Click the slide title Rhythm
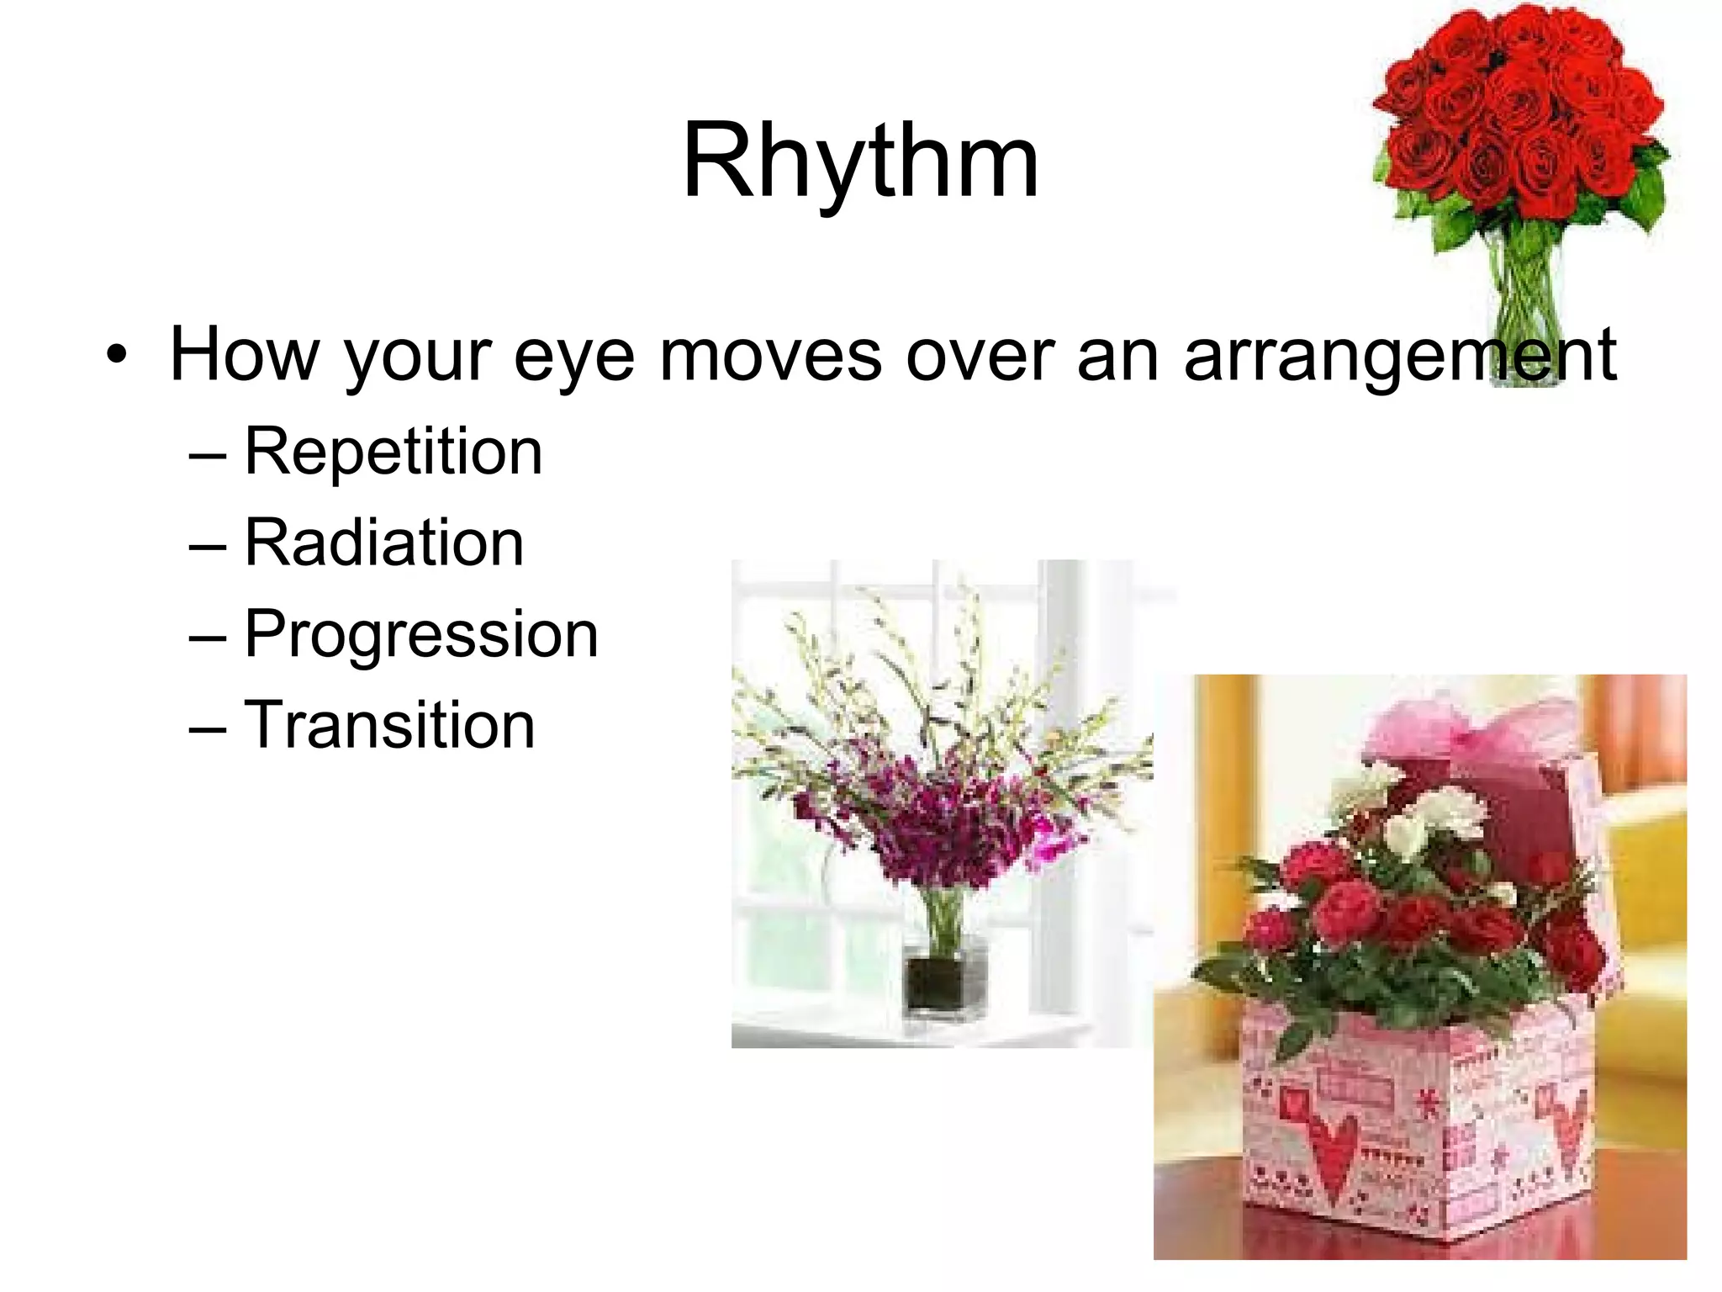click(x=860, y=160)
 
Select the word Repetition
click(x=393, y=453)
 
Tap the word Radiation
click(x=383, y=543)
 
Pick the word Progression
click(x=420, y=634)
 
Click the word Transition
click(x=388, y=725)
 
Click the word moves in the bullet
click(x=770, y=355)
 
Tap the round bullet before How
click(x=118, y=357)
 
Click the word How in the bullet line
click(x=244, y=355)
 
